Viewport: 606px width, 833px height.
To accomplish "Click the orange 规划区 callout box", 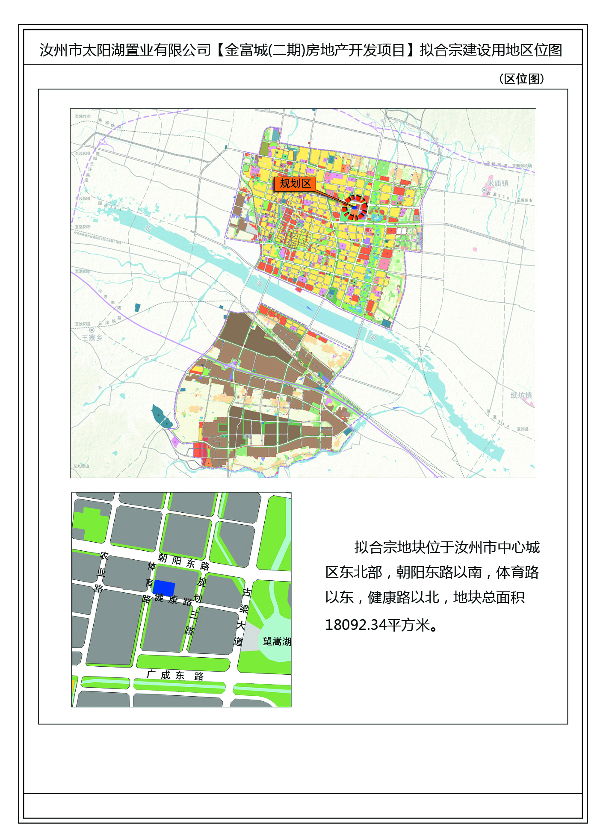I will tap(295, 183).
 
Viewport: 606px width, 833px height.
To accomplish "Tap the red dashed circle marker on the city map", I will tap(355, 208).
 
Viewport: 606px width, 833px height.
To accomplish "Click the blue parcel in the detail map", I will tap(164, 588).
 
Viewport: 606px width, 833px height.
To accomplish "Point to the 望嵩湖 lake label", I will tap(277, 641).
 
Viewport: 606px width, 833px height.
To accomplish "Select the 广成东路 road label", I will tap(174, 675).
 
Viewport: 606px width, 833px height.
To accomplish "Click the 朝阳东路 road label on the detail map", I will tap(183, 561).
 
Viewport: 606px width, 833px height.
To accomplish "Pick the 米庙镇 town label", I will tap(498, 183).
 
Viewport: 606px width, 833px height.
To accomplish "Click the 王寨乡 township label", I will tap(92, 338).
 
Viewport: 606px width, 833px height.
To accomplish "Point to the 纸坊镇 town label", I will tap(521, 396).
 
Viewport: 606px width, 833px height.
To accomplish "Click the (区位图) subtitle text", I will tap(521, 79).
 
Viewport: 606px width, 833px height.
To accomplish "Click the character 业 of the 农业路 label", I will tap(101, 573).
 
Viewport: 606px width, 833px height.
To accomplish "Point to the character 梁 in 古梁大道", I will tap(244, 609).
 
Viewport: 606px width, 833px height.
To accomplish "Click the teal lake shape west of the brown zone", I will tap(161, 416).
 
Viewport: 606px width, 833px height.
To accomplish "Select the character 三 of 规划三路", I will tap(193, 615).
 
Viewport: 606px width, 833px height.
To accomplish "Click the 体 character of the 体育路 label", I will tap(152, 566).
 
